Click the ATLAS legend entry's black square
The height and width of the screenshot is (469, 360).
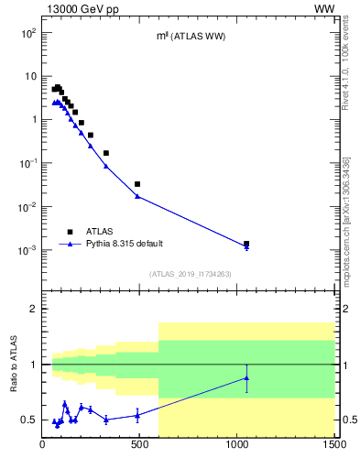(x=70, y=232)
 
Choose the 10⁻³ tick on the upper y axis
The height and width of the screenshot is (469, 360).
(x=27, y=250)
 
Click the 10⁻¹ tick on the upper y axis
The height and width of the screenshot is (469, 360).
(x=27, y=163)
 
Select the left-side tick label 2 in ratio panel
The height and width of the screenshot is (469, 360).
(x=33, y=309)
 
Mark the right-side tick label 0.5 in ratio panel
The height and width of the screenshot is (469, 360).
(x=345, y=420)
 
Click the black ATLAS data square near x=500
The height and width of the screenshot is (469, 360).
(x=137, y=184)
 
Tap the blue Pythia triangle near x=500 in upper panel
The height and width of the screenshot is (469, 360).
(x=137, y=196)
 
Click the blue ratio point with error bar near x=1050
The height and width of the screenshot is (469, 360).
(x=246, y=377)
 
